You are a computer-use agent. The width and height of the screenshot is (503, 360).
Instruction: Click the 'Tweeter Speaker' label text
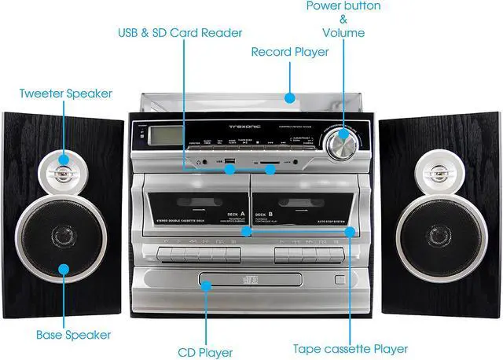[66, 94]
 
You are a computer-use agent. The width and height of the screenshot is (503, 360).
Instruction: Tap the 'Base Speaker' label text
[73, 334]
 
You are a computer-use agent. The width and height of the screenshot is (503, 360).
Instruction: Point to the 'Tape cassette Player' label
[350, 348]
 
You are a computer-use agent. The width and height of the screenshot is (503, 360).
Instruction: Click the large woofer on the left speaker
[63, 235]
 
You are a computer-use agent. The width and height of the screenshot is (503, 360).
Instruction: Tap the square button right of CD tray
[339, 279]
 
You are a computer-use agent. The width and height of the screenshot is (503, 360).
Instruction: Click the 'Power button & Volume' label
[343, 20]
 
